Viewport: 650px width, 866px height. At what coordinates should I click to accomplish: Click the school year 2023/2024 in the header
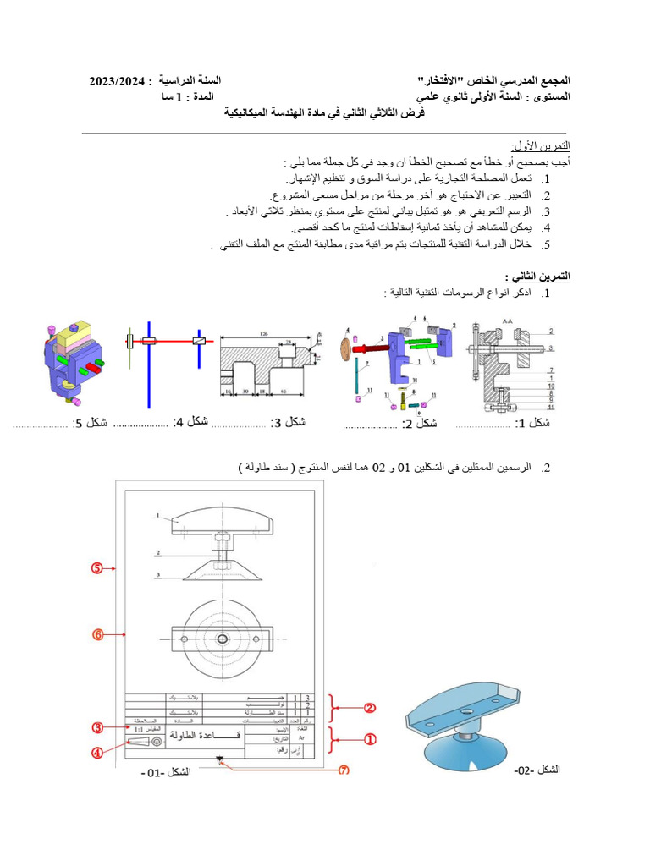pyautogui.click(x=119, y=80)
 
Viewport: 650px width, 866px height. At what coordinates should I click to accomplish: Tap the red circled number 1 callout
pyautogui.click(x=370, y=738)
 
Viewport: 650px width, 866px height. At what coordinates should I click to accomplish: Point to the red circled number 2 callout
pyautogui.click(x=370, y=708)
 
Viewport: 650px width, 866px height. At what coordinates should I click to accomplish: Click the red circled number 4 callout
pyautogui.click(x=98, y=754)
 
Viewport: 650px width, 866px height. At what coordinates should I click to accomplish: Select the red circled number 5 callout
pyautogui.click(x=98, y=569)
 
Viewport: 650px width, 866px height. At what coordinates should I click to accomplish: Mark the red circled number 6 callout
pyautogui.click(x=98, y=633)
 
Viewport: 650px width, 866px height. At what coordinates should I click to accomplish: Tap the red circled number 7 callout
pyautogui.click(x=344, y=770)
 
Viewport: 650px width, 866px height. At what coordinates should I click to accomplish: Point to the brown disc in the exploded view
pyautogui.click(x=345, y=349)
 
